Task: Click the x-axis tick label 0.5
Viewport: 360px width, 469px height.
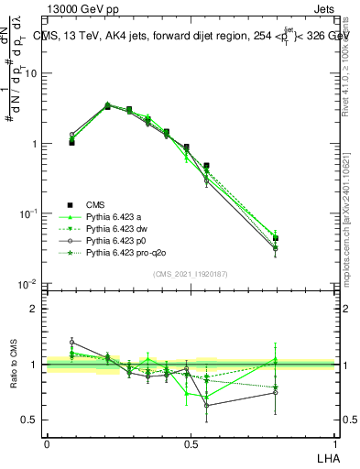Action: [x=191, y=442]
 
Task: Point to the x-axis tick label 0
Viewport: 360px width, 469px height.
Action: [x=47, y=442]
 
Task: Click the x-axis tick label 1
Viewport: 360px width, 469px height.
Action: [x=334, y=442]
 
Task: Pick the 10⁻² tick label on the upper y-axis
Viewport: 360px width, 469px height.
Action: [x=29, y=284]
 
